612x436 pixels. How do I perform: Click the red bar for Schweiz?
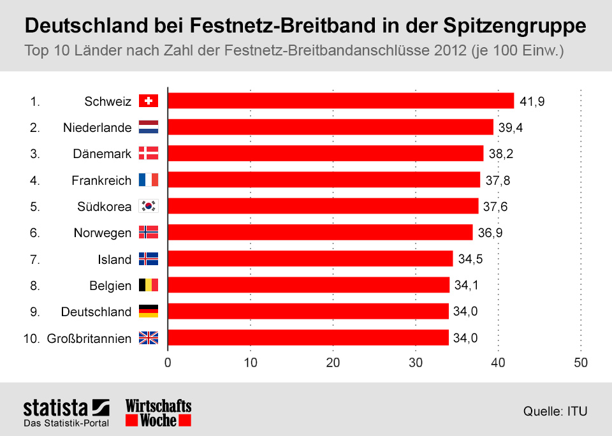click(x=340, y=101)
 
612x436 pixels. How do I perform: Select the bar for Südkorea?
click(x=323, y=206)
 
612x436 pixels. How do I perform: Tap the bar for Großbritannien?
click(x=308, y=338)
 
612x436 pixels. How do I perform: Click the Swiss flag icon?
click(x=148, y=101)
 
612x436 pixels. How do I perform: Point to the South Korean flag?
click(x=148, y=206)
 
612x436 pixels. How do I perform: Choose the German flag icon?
click(x=148, y=311)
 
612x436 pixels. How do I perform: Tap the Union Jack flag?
click(x=148, y=338)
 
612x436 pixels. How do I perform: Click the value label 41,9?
click(x=532, y=101)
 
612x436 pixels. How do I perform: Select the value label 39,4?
click(x=511, y=127)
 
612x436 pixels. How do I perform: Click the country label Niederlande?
click(x=97, y=127)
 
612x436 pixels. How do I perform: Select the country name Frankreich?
click(x=101, y=180)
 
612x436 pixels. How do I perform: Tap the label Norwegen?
click(x=103, y=233)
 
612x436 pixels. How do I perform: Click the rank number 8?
click(x=34, y=285)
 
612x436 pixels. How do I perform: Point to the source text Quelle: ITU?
click(x=555, y=411)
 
